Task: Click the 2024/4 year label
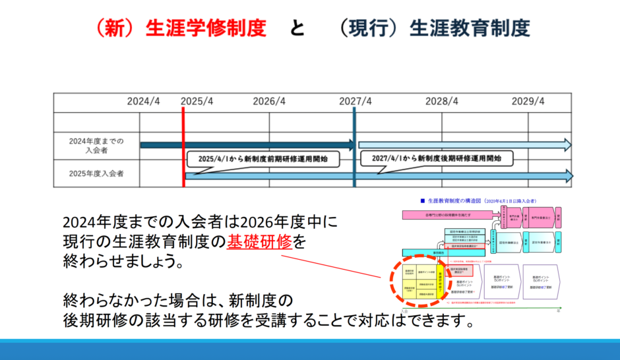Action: coord(144,102)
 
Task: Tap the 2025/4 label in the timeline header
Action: coord(197,102)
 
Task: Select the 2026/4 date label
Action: coord(269,102)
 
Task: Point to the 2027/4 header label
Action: coord(356,102)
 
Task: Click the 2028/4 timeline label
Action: coord(442,102)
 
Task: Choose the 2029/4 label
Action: coord(528,102)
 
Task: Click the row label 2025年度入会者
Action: coord(96,174)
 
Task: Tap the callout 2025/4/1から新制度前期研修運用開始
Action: coord(259,159)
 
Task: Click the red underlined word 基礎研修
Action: coord(259,241)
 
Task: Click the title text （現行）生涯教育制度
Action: coord(432,28)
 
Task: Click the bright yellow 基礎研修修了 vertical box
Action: coord(441,281)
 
